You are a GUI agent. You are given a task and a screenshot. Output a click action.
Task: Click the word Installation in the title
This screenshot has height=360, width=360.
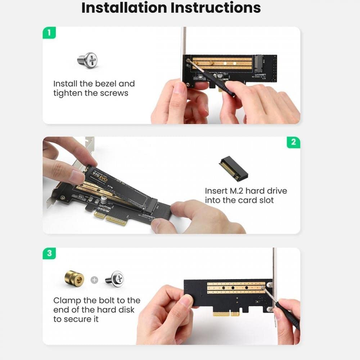125,8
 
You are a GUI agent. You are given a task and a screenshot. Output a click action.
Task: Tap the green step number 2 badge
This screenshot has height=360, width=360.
293,142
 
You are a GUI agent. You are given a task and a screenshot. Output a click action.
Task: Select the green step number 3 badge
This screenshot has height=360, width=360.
49,253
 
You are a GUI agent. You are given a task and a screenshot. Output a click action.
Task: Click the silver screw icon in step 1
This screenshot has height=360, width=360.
87,60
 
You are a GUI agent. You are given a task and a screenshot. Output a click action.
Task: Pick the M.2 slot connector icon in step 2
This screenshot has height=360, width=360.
234,168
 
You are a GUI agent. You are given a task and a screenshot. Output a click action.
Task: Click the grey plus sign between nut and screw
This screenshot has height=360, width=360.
94,280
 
